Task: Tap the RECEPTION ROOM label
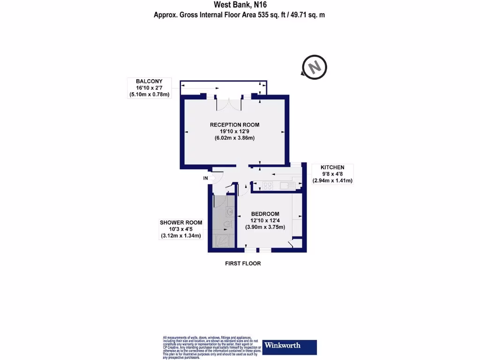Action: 234,125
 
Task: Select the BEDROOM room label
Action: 265,213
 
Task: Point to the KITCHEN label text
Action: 332,167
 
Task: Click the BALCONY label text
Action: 149,81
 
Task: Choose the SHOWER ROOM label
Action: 180,222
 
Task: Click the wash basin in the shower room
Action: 229,211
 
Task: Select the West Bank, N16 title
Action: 240,5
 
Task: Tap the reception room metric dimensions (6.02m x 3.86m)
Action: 234,139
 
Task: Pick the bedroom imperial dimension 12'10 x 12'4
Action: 265,220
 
